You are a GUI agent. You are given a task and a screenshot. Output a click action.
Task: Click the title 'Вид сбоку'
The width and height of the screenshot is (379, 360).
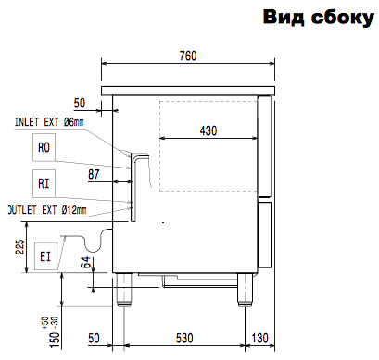(x=319, y=17)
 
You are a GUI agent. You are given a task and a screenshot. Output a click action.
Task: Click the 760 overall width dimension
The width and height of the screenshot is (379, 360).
(x=188, y=56)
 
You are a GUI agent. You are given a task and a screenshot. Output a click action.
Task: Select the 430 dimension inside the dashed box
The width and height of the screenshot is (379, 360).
(x=208, y=130)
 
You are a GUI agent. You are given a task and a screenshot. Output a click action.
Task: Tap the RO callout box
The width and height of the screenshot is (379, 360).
(x=44, y=147)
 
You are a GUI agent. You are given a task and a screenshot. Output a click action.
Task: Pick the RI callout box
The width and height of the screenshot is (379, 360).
(x=44, y=183)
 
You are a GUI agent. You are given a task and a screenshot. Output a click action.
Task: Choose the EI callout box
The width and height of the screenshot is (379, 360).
(x=45, y=256)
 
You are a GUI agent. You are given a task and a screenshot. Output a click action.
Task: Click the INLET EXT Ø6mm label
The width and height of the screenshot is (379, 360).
(x=49, y=122)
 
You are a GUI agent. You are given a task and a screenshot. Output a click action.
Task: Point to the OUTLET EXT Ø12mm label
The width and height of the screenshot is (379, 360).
(x=47, y=210)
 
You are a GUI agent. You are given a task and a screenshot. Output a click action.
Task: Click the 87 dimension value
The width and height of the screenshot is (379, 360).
(x=94, y=174)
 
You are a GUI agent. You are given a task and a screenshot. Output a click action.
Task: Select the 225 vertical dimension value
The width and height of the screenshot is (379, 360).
(x=19, y=246)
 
